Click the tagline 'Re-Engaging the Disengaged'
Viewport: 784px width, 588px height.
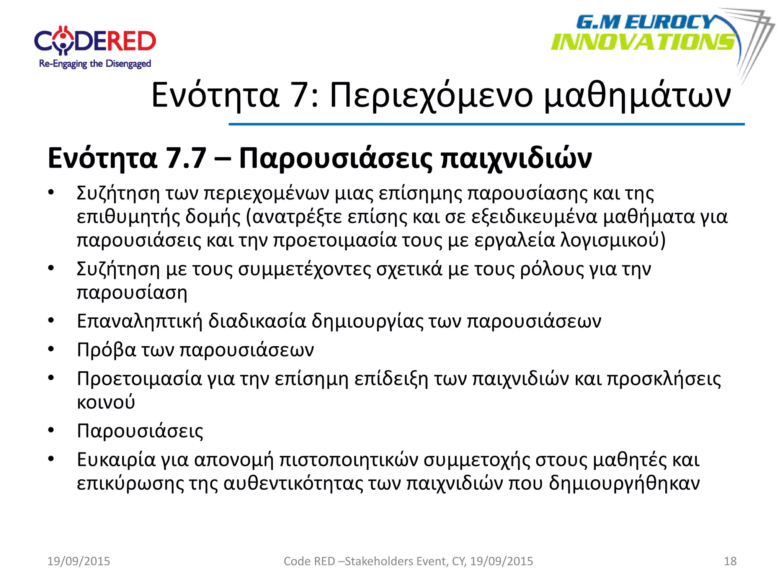click(95, 64)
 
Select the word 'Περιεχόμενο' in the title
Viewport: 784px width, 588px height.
click(431, 96)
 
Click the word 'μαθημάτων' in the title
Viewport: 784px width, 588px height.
click(637, 96)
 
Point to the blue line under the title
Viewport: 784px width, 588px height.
click(486, 124)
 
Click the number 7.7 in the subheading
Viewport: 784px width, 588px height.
click(186, 158)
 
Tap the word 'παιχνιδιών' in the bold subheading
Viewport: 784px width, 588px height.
click(516, 158)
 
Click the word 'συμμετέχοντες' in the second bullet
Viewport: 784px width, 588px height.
click(304, 269)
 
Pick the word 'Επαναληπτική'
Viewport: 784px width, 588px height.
click(139, 321)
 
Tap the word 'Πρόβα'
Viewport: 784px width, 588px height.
click(106, 350)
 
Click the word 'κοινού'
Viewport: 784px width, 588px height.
click(106, 402)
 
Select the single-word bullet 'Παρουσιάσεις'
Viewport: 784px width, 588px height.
click(140, 431)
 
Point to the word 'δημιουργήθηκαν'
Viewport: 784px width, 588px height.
click(624, 483)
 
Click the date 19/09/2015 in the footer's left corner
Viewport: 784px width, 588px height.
click(78, 561)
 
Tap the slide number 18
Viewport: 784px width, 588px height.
click(730, 561)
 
